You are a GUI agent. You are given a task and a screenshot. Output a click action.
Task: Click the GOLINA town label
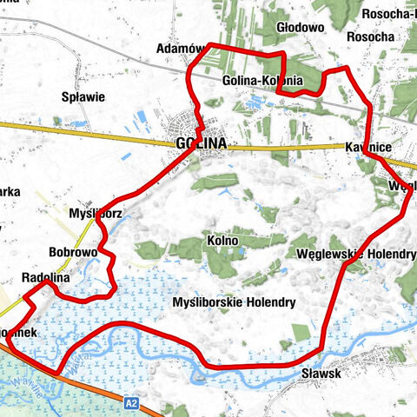coord(200,145)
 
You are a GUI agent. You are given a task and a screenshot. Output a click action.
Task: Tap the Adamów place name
coord(179,49)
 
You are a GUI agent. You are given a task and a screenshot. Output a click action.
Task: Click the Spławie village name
coord(84,97)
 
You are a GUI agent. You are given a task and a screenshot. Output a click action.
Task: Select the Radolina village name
coord(45,278)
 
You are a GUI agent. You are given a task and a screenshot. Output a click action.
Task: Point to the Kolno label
coord(222,238)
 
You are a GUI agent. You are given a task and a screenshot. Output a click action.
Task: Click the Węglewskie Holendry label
coord(356,254)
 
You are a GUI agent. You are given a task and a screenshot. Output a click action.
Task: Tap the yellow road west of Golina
coord(87,132)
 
